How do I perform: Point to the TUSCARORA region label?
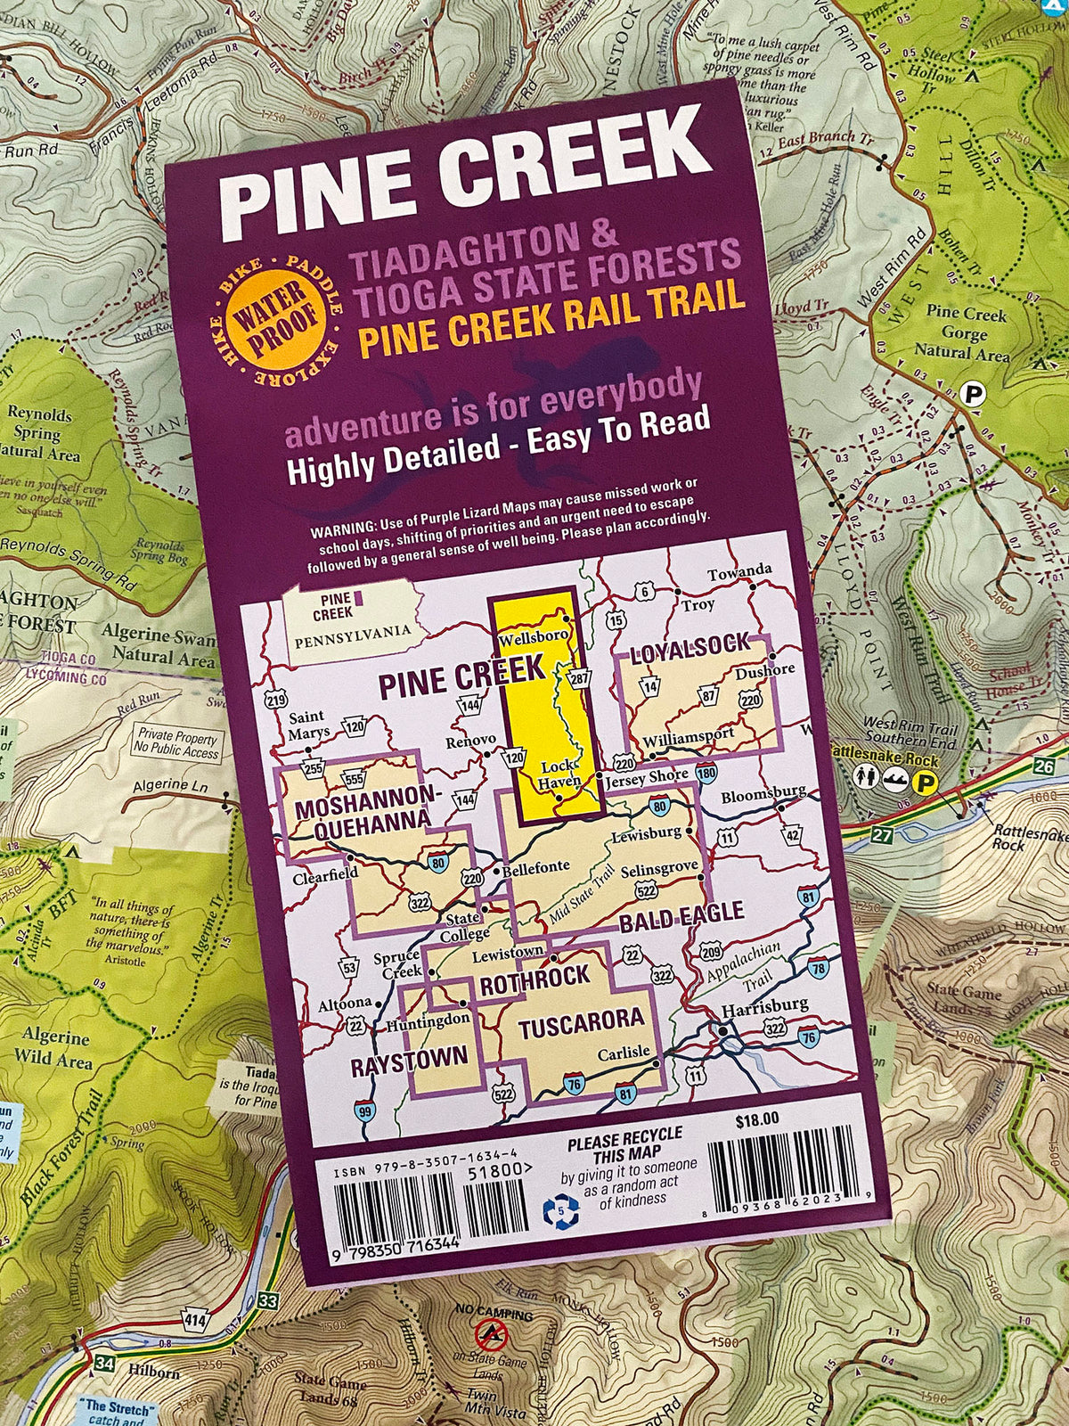coord(580,1020)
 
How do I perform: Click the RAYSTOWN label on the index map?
coord(408,1059)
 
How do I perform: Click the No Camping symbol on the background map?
coord(490,1333)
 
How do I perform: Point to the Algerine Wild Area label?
coord(56,1049)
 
